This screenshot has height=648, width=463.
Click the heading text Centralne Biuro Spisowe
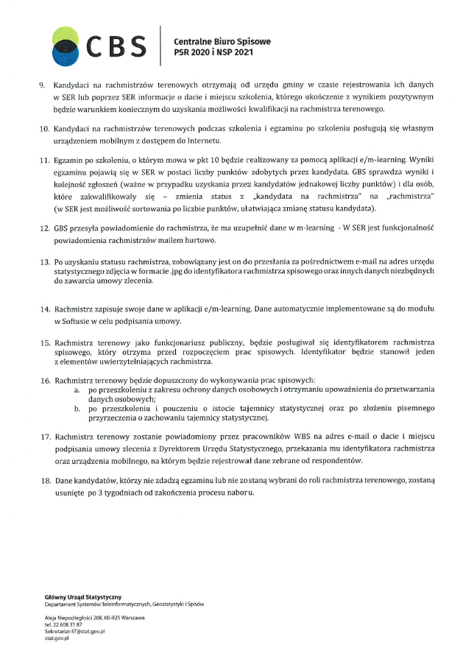point(222,41)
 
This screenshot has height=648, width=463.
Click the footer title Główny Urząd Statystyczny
point(83,596)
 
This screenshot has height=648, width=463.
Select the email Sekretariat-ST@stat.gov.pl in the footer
point(75,631)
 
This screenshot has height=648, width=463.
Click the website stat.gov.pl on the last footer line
point(57,638)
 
